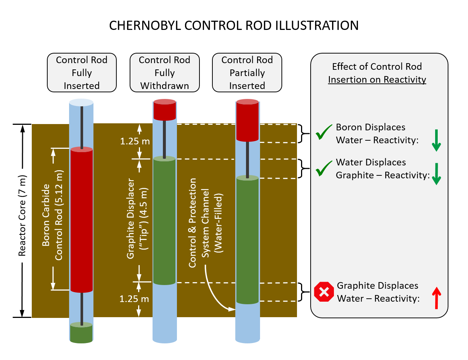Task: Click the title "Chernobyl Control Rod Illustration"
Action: (234, 25)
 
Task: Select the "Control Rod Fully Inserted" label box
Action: (82, 73)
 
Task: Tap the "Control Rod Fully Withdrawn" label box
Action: (164, 73)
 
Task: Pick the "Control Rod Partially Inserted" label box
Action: (247, 73)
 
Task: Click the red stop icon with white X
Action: (324, 292)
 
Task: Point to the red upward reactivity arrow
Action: (436, 297)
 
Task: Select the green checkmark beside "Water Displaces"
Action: (324, 168)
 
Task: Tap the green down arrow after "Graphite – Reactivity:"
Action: (436, 174)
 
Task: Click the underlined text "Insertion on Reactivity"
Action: (377, 80)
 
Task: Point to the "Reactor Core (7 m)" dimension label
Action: (22, 216)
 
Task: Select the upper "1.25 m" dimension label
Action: (135, 141)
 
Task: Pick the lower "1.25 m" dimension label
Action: (134, 299)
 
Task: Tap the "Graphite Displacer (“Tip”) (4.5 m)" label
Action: (137, 219)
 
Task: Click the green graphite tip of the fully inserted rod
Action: (81, 333)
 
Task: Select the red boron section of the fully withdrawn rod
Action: (164, 110)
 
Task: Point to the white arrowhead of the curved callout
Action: (232, 309)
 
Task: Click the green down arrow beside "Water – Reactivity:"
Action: (436, 140)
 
